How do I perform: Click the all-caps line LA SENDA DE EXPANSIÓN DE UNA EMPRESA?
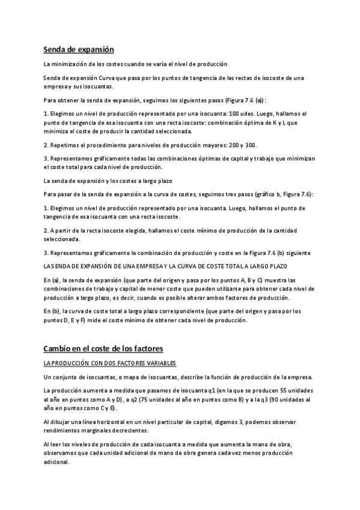coord(165,266)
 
